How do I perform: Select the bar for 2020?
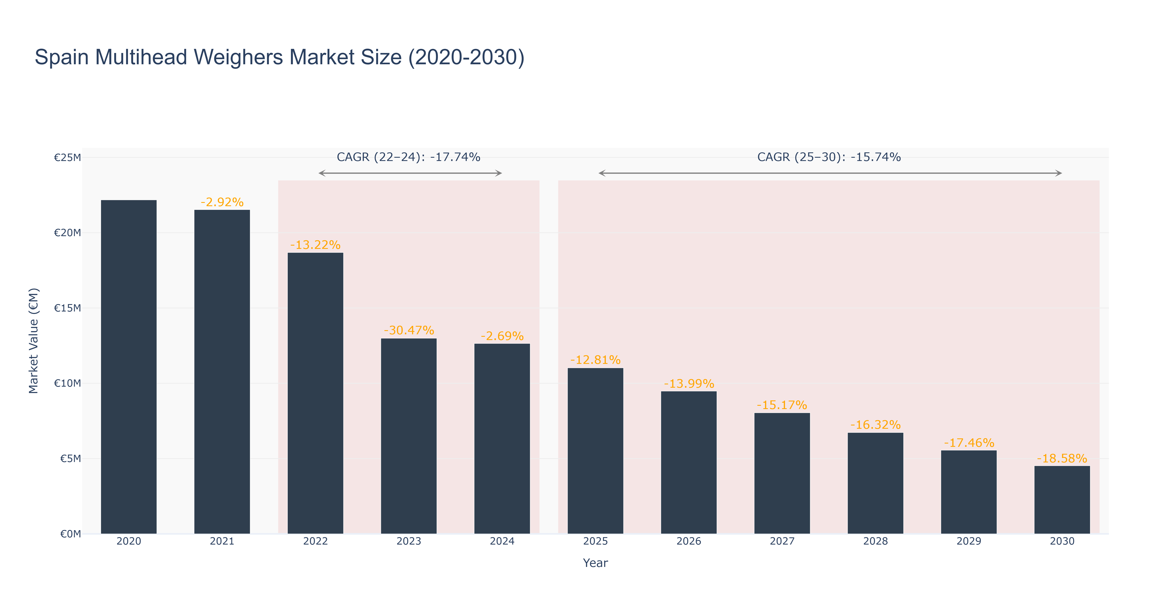tap(129, 366)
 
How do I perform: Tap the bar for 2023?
tap(408, 435)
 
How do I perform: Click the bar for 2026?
tap(688, 462)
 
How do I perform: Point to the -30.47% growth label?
tap(408, 330)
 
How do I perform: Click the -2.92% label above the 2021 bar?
tap(222, 202)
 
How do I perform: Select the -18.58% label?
tap(1062, 459)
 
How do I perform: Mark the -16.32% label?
tap(875, 424)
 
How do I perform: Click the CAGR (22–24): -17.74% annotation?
tap(408, 157)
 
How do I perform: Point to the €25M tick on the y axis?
tap(67, 157)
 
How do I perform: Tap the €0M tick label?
tap(70, 534)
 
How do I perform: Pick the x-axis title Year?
tap(595, 563)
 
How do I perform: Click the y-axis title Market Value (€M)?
tap(33, 341)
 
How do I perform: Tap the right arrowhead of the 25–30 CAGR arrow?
tap(1059, 173)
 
